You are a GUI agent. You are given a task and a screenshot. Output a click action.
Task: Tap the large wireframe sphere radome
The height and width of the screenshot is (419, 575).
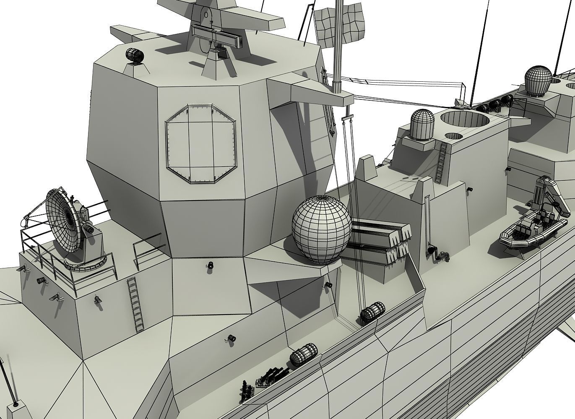tap(321, 229)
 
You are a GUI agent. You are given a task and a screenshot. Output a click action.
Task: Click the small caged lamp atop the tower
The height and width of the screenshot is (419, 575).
tap(134, 56)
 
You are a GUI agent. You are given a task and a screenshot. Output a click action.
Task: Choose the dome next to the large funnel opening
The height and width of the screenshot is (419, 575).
tap(421, 125)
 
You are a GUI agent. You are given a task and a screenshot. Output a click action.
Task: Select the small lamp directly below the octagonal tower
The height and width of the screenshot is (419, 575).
tap(210, 265)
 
